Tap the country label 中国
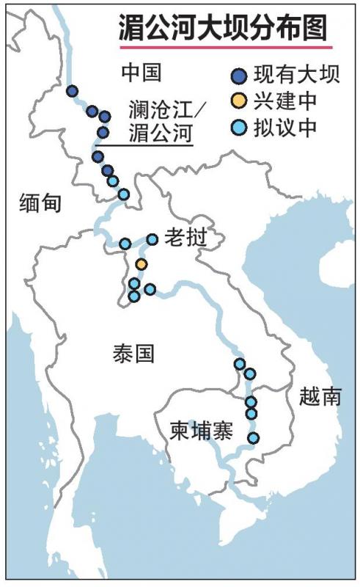point(140,73)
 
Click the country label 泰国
point(134,354)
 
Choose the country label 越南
point(320,397)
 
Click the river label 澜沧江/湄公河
point(158,124)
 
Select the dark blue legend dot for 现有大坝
point(238,75)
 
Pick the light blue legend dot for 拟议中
point(238,125)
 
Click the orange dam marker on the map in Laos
point(142,263)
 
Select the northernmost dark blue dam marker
point(72,91)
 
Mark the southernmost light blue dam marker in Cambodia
point(253,438)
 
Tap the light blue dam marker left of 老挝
point(153,239)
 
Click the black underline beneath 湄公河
point(144,145)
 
